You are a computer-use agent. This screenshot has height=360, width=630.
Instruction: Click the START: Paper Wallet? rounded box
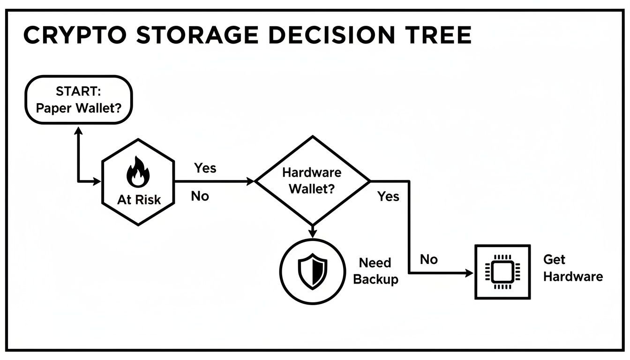point(78,99)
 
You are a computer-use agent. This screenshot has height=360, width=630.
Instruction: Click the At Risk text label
point(139,200)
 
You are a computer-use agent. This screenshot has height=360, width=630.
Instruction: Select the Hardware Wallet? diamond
point(312,180)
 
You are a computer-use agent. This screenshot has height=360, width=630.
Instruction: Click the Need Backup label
point(375,271)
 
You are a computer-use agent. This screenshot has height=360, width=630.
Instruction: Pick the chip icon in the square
point(502,272)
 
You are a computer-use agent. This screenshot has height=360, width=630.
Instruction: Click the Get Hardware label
point(572,268)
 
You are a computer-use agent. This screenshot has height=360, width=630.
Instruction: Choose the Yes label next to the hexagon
point(205,168)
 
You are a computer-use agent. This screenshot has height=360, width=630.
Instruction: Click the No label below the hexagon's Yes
point(200,196)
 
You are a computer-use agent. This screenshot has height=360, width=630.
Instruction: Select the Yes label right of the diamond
point(388,196)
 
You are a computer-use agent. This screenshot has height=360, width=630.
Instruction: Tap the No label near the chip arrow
point(428,259)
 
